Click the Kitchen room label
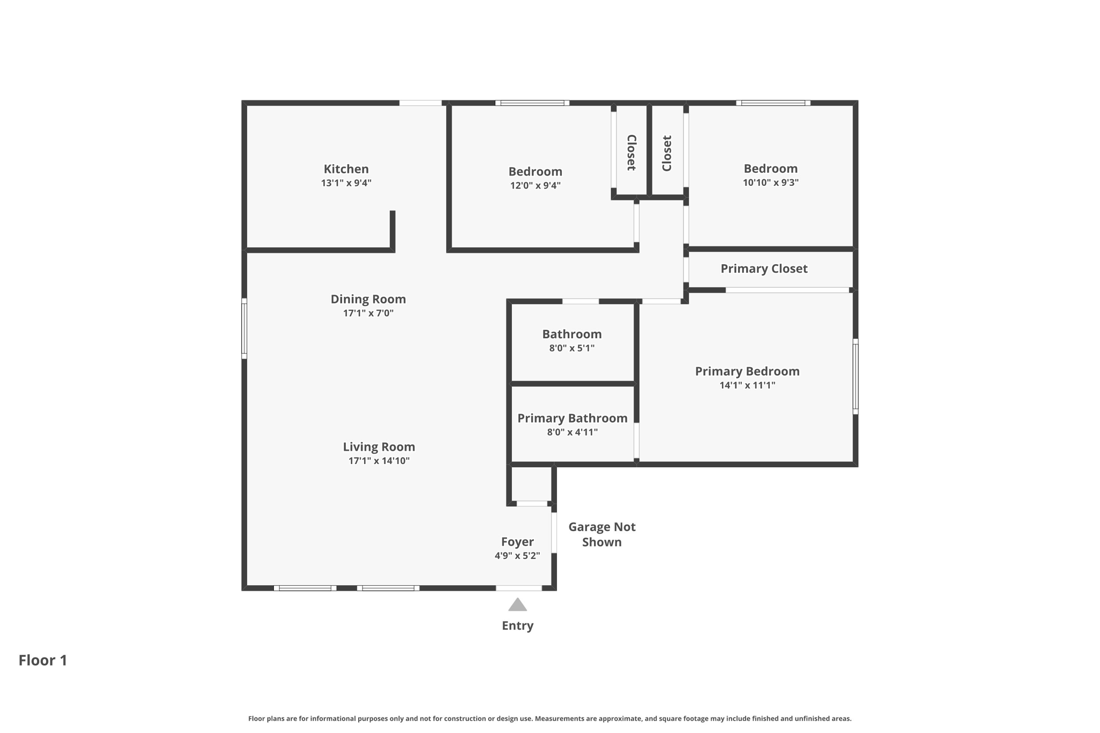point(346,169)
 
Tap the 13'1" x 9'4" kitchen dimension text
point(346,183)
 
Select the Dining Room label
point(368,299)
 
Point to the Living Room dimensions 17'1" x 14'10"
point(379,461)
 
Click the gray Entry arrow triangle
point(517,605)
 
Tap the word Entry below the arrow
point(517,626)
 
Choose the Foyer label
point(517,542)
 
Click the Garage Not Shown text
point(602,534)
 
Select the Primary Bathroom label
point(572,418)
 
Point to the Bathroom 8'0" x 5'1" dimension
point(571,348)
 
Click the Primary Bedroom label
point(747,371)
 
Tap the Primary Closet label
point(764,268)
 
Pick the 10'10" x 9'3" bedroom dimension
point(770,183)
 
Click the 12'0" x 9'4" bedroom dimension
point(535,186)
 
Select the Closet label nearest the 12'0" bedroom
point(632,153)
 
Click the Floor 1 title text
point(43,660)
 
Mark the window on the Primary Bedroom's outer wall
point(855,376)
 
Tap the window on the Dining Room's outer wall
point(244,328)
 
